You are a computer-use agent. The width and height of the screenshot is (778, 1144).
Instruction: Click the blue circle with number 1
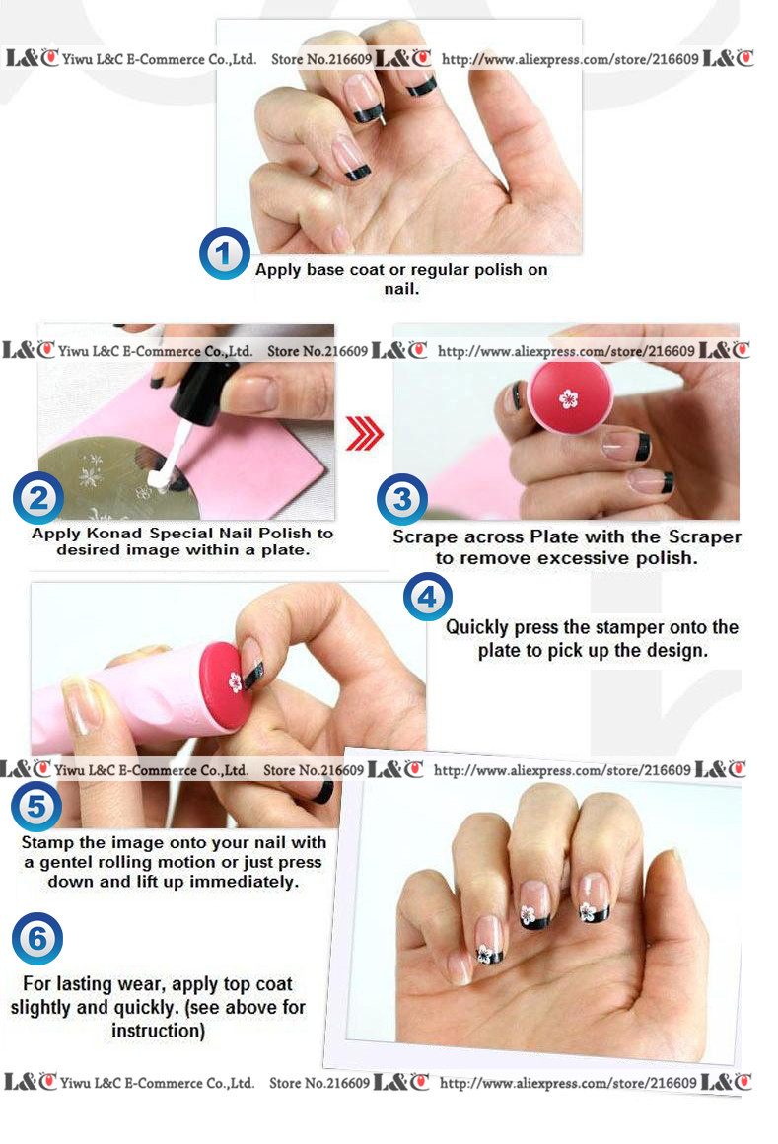coord(224,253)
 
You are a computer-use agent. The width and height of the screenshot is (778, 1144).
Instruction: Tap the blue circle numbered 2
coord(37,498)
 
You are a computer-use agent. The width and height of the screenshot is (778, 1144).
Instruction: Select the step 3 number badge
coord(401,499)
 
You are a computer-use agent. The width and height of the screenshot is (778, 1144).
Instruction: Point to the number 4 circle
coord(427,597)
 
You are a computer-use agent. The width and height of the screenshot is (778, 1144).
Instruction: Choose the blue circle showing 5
coord(35,806)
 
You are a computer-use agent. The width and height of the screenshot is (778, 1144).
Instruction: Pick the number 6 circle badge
coord(37,938)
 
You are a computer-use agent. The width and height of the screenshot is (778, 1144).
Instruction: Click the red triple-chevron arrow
coord(364,433)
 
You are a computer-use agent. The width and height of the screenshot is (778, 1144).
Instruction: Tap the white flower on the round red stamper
coord(568,398)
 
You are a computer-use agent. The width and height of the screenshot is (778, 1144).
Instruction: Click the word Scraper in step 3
coord(704,536)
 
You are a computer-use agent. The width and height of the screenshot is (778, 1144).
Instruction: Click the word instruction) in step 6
coord(158,1031)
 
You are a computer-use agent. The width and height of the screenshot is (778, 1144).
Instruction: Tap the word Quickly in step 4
coord(477,627)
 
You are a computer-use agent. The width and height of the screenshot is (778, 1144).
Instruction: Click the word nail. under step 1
coord(401,289)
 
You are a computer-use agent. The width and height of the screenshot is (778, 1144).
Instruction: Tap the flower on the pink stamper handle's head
coord(235,681)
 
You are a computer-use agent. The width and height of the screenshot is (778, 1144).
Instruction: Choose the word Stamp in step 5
coord(47,842)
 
